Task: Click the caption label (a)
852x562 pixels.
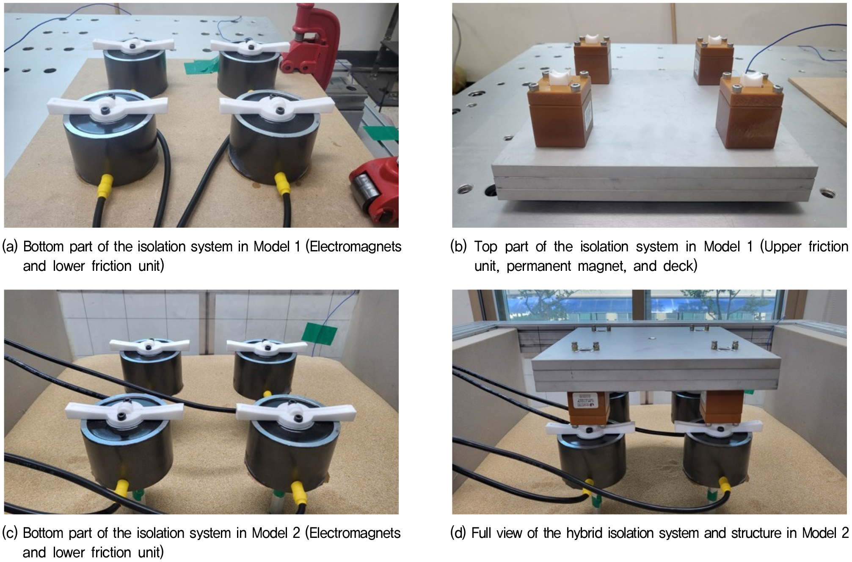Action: click(10, 246)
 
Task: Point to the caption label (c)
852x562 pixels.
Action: click(10, 533)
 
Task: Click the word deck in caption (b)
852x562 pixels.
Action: click(679, 266)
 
